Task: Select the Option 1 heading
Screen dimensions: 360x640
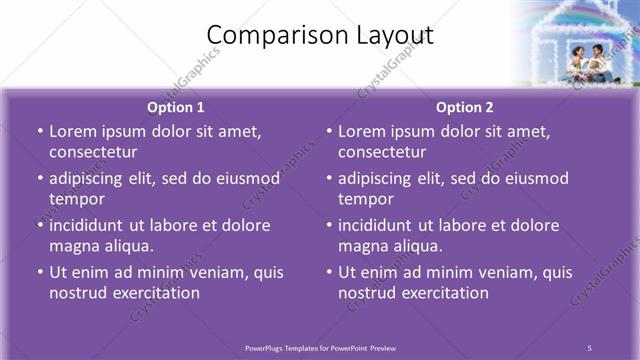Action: point(175,107)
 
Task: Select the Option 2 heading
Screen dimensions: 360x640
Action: point(464,107)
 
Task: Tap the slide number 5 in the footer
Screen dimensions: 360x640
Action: point(589,348)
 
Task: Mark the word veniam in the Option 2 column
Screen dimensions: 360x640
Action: point(492,272)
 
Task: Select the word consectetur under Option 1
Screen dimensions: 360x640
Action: point(93,152)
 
